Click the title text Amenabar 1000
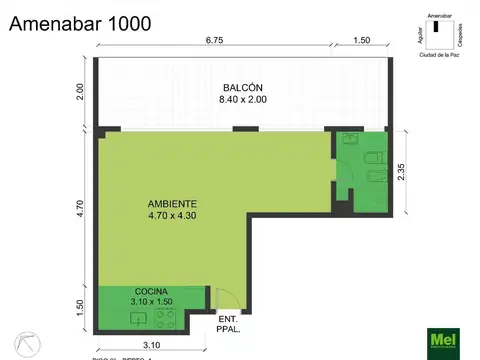coord(81,22)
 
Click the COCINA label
coord(150,290)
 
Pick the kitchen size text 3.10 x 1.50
coord(151,301)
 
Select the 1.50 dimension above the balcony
coord(361,42)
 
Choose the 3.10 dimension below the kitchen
coord(152,345)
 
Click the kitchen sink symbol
coord(138,319)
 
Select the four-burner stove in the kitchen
coord(166,320)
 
